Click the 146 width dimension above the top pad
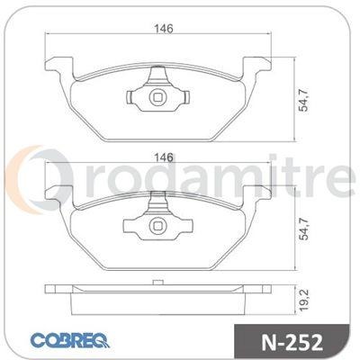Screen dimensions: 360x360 pos(164,29)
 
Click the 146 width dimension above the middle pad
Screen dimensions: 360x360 pos(164,157)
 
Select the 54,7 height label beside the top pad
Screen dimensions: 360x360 pos(304,101)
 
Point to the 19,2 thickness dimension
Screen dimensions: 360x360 pos(304,301)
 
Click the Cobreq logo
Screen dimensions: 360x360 pos(70,340)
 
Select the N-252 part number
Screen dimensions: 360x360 pos(292,342)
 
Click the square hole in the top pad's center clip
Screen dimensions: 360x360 pos(157,97)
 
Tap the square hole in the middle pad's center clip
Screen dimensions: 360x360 pos(157,225)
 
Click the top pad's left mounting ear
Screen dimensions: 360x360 pos(58,66)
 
